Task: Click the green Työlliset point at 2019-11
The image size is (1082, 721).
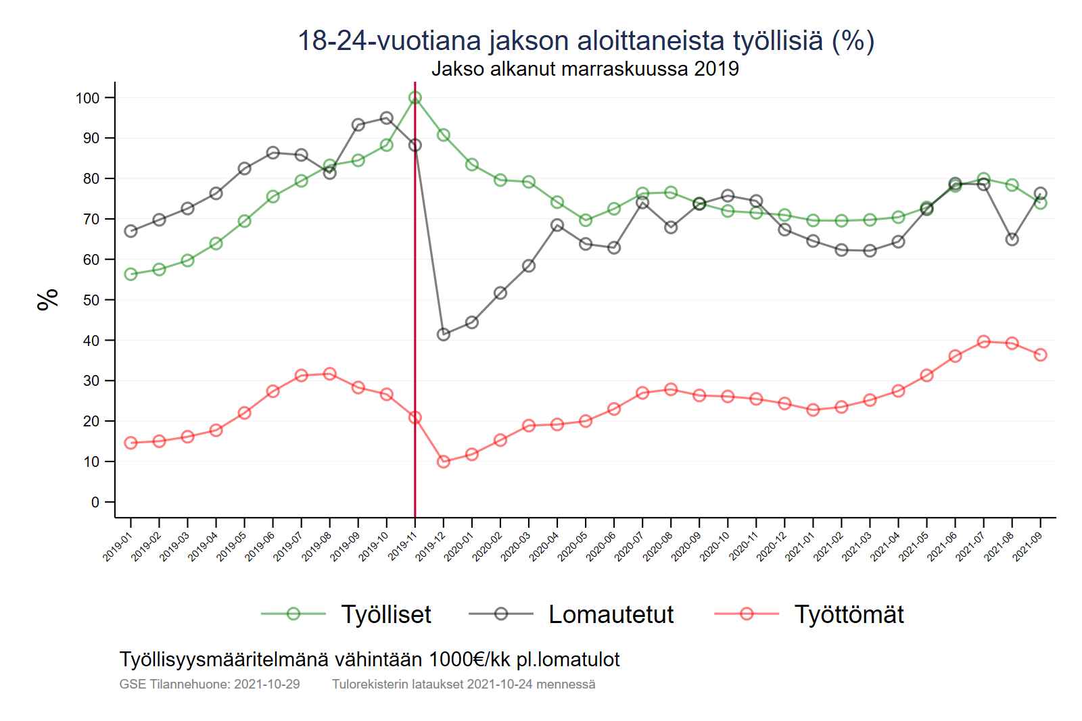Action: [415, 98]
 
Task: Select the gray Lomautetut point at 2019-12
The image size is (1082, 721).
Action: [444, 334]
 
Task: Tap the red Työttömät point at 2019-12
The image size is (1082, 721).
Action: [444, 462]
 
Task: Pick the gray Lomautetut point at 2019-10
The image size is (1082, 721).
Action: [387, 118]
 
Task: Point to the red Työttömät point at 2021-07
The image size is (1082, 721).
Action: [984, 342]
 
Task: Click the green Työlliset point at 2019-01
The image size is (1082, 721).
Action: [131, 274]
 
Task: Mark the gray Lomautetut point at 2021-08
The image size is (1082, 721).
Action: [1012, 239]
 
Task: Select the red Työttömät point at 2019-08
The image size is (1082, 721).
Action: [330, 374]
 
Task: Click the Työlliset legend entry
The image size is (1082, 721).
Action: [385, 614]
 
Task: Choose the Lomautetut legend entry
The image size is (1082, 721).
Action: [611, 614]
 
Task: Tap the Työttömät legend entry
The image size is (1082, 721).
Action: [849, 614]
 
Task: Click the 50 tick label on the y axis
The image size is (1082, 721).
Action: [91, 300]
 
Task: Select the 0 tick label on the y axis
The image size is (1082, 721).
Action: [95, 502]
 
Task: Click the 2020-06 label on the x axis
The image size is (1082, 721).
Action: [601, 546]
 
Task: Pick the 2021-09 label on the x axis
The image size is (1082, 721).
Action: [1028, 546]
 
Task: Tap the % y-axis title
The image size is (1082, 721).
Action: [48, 299]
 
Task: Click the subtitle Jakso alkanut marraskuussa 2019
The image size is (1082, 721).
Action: [585, 69]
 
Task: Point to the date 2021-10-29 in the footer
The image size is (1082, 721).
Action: [266, 684]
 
